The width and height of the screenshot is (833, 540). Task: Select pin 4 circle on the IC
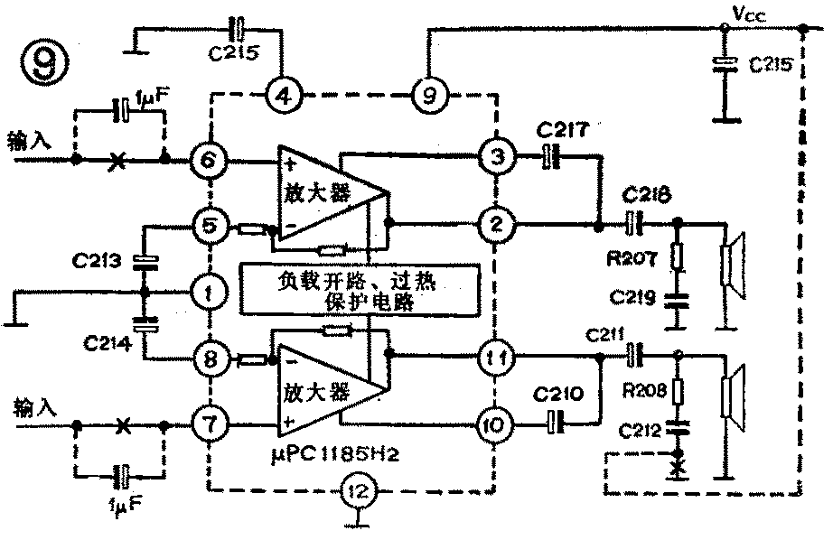point(284,94)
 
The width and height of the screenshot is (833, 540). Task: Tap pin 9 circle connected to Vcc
point(427,94)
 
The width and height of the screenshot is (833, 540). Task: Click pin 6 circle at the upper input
point(209,163)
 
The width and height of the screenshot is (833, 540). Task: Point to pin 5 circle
point(209,225)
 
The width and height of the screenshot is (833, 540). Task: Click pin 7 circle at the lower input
point(209,423)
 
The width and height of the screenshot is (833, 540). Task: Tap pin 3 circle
point(495,156)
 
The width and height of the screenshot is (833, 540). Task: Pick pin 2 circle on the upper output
point(495,222)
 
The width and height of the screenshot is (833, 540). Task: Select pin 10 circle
point(495,422)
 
